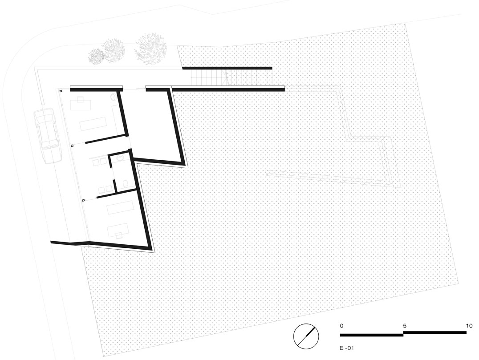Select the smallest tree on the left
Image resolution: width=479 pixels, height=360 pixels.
[96, 55]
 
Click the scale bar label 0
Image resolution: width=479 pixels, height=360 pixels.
[341, 326]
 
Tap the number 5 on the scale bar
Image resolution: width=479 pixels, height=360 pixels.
[404, 326]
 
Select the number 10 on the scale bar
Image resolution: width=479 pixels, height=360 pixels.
[469, 326]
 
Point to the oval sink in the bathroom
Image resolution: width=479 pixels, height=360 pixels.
[121, 159]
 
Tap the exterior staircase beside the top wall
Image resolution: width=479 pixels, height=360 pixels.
[209, 79]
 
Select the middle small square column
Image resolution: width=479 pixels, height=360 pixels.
[72, 146]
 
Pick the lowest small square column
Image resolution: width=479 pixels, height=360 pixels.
[83, 201]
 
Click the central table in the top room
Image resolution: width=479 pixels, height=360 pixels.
[93, 123]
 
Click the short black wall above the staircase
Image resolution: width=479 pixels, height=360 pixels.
[227, 68]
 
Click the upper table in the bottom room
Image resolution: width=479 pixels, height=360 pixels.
[120, 207]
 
